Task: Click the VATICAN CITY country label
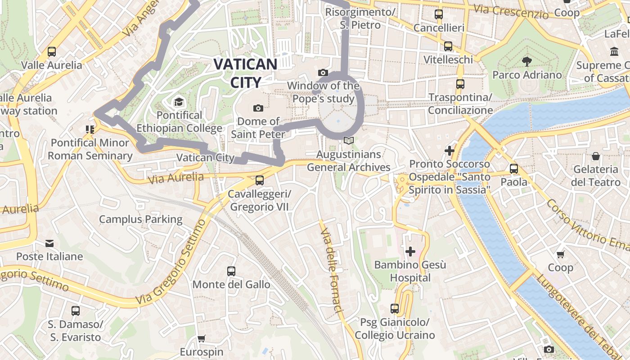coord(245,73)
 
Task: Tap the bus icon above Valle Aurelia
coord(52,52)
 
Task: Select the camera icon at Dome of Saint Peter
coord(258,108)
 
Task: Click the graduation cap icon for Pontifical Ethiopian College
coord(179,102)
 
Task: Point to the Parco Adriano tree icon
coord(526,61)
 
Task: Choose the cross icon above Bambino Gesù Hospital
coord(410,252)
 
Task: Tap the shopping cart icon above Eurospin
coord(202,338)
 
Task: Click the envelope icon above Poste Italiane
coord(49,243)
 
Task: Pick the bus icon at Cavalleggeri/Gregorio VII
coord(260,180)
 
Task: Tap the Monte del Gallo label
coord(231,284)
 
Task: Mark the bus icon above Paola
coord(514,169)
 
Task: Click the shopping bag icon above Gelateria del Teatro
coord(596,156)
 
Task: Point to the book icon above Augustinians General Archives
coord(349,141)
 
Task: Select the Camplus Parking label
coord(140,220)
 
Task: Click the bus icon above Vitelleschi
coord(448,46)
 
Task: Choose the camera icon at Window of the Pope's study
coord(323,72)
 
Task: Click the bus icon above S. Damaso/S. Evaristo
coord(76,310)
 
